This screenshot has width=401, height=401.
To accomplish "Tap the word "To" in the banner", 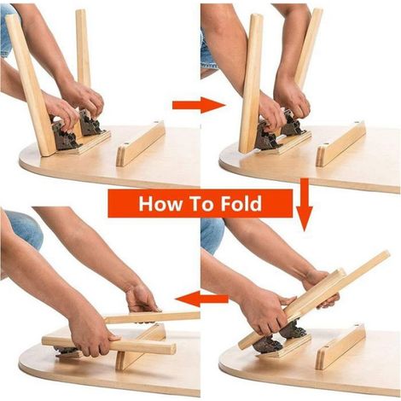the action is click(201, 203).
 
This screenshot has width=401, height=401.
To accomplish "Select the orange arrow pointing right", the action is click(199, 105).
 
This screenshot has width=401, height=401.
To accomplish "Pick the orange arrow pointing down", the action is click(305, 204).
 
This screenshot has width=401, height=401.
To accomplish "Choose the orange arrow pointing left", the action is click(202, 299).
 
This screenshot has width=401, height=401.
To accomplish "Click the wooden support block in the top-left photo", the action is click(141, 144).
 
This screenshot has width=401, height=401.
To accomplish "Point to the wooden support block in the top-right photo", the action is click(340, 144).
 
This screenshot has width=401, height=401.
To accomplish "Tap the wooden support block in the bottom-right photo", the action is click(340, 347).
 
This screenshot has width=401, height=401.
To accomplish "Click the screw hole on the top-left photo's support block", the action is click(156, 122).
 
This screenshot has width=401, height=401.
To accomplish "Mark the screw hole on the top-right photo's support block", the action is click(356, 122).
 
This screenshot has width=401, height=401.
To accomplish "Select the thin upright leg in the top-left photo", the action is click(83, 49).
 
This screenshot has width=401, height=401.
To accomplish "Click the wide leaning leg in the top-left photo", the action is click(30, 85).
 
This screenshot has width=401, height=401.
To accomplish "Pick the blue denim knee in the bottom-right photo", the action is click(212, 235).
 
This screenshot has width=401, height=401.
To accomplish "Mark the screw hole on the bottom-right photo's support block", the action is click(356, 325).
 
